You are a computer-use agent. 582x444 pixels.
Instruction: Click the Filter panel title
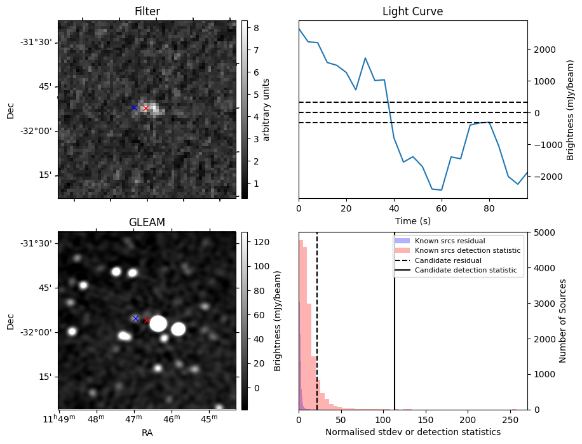(147, 11)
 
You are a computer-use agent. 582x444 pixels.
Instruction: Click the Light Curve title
(412, 11)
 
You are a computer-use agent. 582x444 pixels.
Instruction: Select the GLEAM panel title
(147, 222)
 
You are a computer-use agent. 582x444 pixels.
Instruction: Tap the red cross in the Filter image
(145, 109)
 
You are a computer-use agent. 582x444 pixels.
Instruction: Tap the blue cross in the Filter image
(134, 108)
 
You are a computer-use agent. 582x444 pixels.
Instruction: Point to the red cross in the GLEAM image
(147, 320)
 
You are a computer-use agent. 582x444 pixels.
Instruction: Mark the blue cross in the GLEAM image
(135, 318)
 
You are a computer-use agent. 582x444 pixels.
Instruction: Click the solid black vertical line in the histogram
(395, 330)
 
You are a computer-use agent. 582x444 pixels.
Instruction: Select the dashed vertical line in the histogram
(317, 330)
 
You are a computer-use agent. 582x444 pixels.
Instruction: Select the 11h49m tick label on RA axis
(58, 419)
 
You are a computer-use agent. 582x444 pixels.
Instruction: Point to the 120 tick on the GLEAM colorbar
(261, 243)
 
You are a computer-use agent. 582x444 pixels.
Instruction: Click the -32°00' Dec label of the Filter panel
(36, 131)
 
